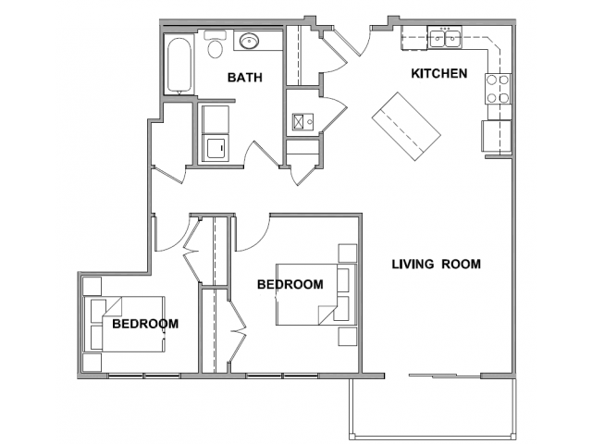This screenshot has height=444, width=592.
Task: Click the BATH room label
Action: click(244, 78)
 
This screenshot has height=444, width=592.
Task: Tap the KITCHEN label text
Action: click(439, 73)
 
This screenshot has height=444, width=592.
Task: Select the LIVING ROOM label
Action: click(436, 264)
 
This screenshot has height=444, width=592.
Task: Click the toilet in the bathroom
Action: click(216, 44)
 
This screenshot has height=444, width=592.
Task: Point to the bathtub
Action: click(179, 65)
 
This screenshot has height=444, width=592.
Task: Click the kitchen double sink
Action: click(445, 37)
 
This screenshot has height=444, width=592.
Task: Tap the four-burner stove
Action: click(498, 89)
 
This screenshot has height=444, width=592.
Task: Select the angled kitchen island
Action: click(406, 127)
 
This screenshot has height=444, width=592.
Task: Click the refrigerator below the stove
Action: click(496, 136)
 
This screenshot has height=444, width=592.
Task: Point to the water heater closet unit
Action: click(302, 122)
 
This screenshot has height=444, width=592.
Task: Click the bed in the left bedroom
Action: click(124, 325)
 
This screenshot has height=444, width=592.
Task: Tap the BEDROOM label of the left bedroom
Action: click(145, 324)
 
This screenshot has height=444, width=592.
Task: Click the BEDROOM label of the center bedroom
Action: click(290, 284)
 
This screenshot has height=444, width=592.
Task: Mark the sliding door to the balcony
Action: click(445, 376)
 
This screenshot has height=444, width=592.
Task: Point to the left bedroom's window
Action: click(144, 376)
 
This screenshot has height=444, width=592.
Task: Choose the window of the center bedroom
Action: click(282, 376)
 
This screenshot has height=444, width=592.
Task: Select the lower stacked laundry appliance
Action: click(216, 148)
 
